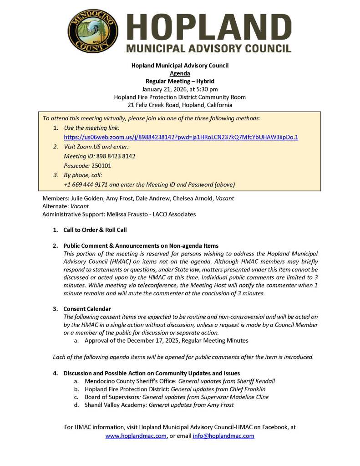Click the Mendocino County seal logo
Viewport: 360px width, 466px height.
pos(93,31)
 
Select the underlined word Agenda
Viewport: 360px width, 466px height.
pos(180,73)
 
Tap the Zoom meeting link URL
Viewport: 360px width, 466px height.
pos(181,137)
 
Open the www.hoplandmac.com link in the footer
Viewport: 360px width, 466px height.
pos(136,436)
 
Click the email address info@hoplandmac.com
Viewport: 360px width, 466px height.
pos(223,436)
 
